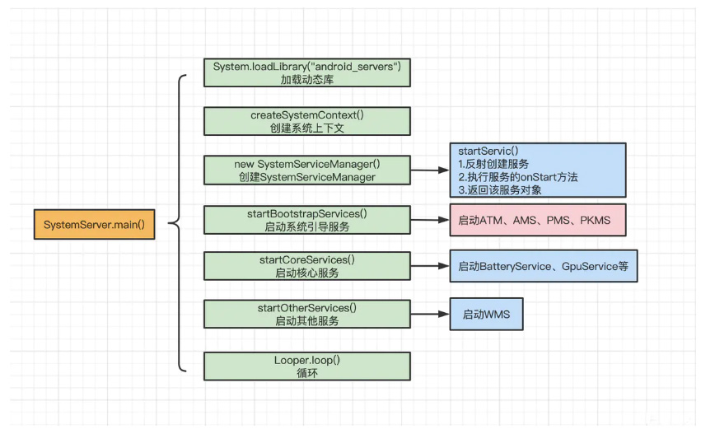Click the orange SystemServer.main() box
tap(95, 224)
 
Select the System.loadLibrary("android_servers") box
tap(307, 72)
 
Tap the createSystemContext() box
tap(307, 121)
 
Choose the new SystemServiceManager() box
tap(307, 170)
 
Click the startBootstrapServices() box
tap(307, 220)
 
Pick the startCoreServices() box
tap(307, 266)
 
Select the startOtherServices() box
tap(307, 315)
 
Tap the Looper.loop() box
tap(307, 366)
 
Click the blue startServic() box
tap(538, 170)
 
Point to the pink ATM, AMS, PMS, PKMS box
tap(538, 220)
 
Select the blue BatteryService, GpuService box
tap(544, 266)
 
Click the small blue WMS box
tap(486, 315)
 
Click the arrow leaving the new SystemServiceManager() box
tap(430, 170)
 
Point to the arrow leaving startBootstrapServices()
tap(430, 220)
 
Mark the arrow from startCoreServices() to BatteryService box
tap(430, 266)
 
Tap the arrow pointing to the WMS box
tap(430, 315)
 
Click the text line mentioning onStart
tap(518, 177)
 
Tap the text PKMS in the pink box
tap(595, 221)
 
